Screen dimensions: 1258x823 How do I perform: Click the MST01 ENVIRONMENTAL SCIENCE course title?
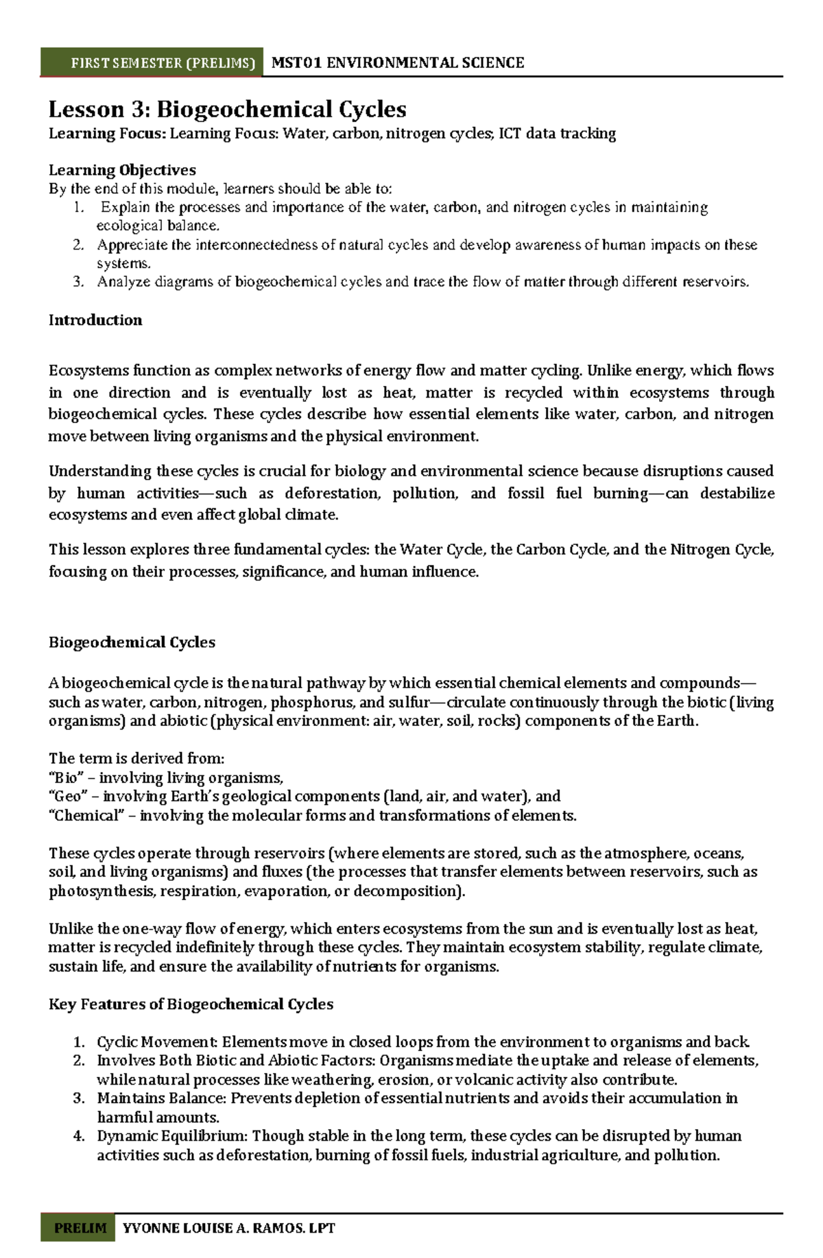click(398, 63)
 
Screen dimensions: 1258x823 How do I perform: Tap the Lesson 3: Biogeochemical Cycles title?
click(227, 109)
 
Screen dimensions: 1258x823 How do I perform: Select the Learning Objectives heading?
click(122, 170)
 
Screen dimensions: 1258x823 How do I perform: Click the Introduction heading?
click(95, 320)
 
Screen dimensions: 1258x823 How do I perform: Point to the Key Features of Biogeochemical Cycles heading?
click(191, 1004)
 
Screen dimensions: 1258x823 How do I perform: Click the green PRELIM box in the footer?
click(80, 1228)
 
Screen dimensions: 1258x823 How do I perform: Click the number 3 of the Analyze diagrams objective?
click(77, 282)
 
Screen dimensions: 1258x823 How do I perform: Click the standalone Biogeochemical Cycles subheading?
click(132, 642)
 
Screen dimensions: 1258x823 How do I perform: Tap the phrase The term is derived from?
click(136, 758)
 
